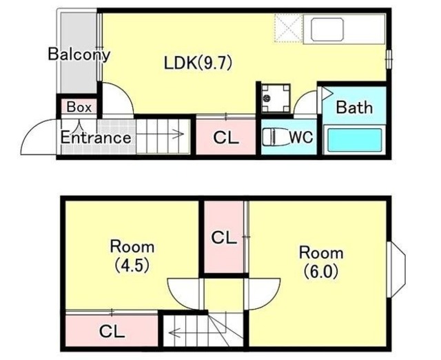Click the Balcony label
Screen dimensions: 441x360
point(79,54)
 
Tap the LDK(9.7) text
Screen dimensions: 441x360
point(198,63)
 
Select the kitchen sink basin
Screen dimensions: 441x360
point(327,29)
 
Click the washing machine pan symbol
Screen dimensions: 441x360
point(276,98)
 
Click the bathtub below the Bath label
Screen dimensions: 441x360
point(355,139)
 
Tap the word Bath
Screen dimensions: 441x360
point(354,107)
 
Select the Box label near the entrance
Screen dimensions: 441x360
point(79,107)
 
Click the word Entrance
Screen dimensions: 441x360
point(96,138)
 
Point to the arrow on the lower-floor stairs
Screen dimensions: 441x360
point(178,134)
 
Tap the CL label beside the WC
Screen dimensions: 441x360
point(226,138)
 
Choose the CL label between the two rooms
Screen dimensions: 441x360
point(224,237)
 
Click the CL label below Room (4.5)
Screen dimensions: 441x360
point(112,331)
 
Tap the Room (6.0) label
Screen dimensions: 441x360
point(321,262)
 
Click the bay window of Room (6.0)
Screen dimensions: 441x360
point(396,270)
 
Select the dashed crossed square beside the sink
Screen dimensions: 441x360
point(288,28)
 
